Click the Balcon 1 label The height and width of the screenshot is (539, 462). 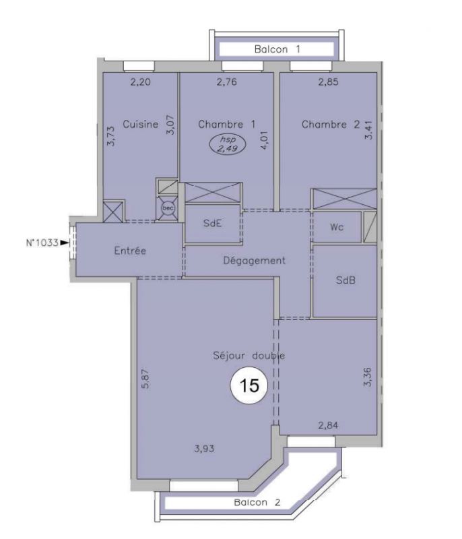[277, 49]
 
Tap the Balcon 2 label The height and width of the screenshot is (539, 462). [257, 503]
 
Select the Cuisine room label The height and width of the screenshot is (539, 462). [141, 124]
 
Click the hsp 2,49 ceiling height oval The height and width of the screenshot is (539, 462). [228, 144]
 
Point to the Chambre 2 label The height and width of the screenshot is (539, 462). [331, 125]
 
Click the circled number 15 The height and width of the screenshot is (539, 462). [249, 385]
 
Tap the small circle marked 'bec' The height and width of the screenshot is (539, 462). [168, 208]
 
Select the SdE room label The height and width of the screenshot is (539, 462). [212, 224]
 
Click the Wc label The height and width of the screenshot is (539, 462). [336, 227]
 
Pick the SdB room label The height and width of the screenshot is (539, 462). [345, 280]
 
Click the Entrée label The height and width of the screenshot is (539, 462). [130, 251]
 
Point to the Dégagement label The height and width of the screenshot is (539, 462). [254, 261]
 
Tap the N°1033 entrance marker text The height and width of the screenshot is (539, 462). [42, 243]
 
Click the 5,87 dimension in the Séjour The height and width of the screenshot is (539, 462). [145, 379]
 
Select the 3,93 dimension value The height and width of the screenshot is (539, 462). [204, 449]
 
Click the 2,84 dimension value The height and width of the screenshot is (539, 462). [328, 426]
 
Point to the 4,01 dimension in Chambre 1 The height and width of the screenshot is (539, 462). [265, 140]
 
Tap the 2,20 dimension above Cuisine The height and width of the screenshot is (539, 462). [141, 82]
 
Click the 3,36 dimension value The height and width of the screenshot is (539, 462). [368, 377]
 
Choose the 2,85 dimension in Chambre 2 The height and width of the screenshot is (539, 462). [328, 82]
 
